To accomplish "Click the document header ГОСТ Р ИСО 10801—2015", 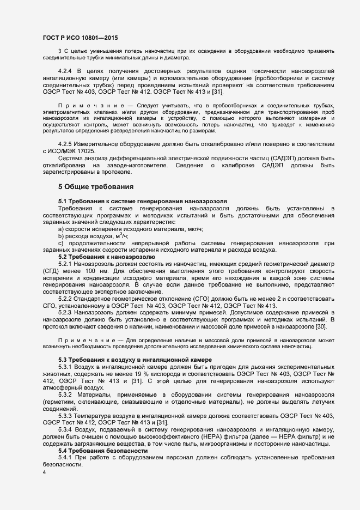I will tap(80, 38).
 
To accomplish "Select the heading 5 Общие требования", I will tap(96, 187).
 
